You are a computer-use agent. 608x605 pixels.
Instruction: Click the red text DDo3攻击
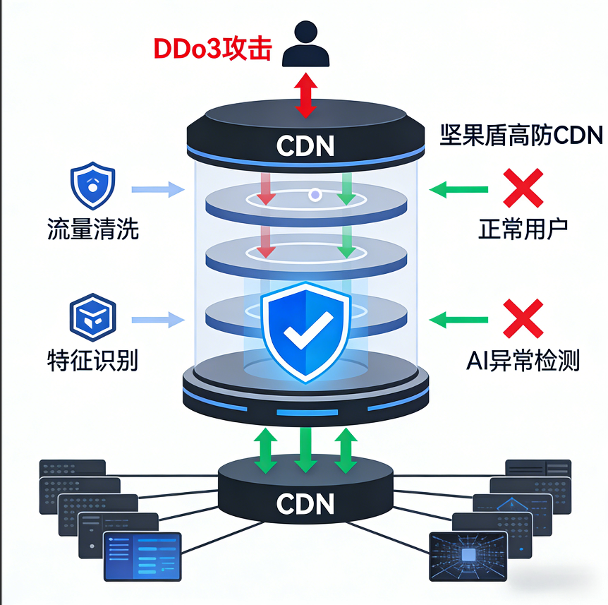212,50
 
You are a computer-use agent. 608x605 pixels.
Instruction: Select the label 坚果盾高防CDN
521,134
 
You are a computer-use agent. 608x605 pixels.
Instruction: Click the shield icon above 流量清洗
92,186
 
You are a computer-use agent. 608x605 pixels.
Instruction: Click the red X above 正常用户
523,188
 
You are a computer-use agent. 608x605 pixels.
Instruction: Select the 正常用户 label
523,229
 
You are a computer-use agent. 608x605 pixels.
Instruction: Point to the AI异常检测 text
523,361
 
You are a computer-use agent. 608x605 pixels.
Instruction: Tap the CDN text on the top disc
305,145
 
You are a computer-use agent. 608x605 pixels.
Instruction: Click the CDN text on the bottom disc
305,503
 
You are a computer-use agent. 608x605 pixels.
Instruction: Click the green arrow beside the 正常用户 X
458,188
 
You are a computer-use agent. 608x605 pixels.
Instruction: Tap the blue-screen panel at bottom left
142,556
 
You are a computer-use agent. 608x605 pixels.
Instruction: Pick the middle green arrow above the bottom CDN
305,449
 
